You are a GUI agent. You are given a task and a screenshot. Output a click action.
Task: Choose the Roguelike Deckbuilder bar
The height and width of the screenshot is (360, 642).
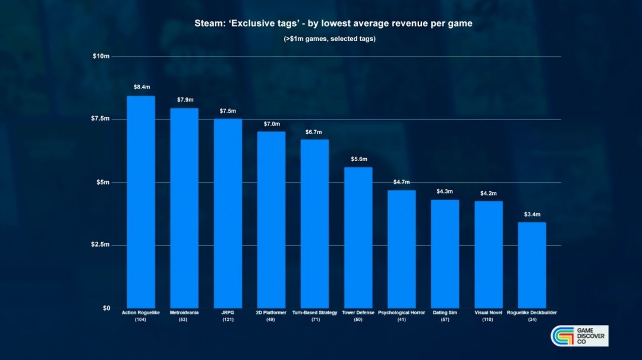[531, 264]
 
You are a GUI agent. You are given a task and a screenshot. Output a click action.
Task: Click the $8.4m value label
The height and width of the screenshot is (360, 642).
[141, 87]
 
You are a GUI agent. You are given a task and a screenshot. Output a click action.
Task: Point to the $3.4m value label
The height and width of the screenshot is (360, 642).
[532, 214]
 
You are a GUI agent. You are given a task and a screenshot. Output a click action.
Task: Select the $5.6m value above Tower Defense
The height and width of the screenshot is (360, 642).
[358, 159]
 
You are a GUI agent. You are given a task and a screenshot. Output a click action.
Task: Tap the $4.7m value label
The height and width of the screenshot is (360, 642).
[402, 182]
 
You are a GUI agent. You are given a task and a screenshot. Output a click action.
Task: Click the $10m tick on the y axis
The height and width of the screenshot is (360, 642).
[101, 56]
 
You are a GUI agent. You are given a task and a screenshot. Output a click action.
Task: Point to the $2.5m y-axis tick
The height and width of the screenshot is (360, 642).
[100, 245]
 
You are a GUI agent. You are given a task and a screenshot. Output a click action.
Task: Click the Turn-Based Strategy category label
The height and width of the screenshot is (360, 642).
[314, 312]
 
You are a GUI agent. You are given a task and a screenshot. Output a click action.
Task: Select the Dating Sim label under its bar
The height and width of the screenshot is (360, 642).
[445, 312]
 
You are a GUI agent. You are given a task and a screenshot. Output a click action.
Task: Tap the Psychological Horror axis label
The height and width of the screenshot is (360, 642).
[401, 312]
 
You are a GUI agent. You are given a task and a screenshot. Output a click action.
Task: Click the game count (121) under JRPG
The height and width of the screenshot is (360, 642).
[228, 320]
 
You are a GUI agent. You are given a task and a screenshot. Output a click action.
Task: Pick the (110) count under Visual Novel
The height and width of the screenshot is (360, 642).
[488, 320]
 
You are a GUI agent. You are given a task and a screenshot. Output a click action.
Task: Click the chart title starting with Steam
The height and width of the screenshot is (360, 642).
[333, 24]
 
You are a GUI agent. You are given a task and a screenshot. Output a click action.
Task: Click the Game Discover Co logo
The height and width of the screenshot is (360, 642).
[580, 336]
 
